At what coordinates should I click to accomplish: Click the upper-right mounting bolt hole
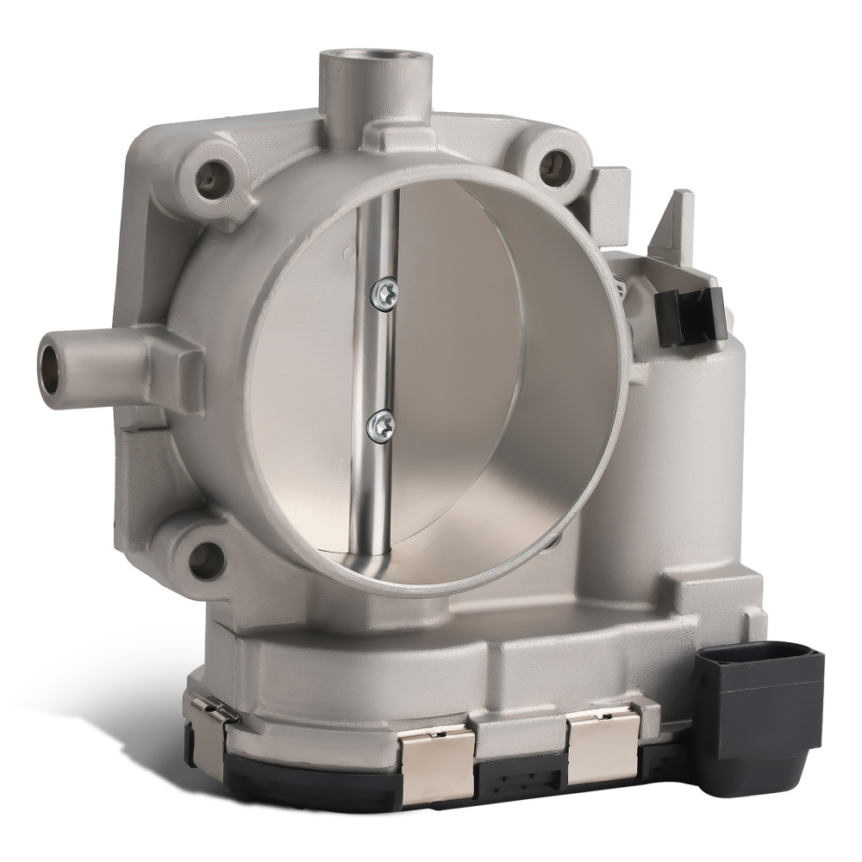559,163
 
